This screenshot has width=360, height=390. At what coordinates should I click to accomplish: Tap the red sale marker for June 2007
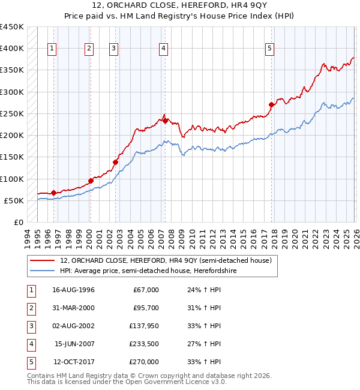[x=164, y=121]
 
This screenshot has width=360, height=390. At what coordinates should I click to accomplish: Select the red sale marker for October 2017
[x=271, y=104]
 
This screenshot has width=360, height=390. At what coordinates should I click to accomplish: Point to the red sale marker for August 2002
[x=115, y=162]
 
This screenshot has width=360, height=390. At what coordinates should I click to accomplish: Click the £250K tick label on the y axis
[x=11, y=113]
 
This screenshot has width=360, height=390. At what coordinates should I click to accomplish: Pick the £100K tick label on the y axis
[x=11, y=179]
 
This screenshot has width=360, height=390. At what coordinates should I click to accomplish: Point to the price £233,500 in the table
[x=143, y=344]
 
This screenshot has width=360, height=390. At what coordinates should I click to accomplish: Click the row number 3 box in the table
[x=30, y=326]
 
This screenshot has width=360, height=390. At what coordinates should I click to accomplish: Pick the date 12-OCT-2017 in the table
[x=73, y=362]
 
